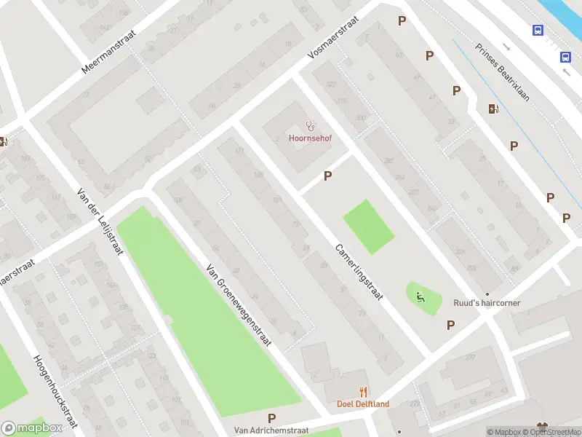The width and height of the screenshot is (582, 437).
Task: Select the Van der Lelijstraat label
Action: [100, 221]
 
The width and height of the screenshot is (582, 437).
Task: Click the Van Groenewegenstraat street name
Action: [238, 304]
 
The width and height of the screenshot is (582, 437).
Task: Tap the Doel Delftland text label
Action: [362, 404]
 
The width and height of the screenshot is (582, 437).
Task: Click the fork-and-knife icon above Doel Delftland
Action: [362, 392]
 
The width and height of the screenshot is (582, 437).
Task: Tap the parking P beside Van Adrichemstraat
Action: [271, 418]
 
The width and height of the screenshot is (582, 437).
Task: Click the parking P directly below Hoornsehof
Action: [328, 176]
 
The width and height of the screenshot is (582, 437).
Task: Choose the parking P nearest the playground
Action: [450, 325]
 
